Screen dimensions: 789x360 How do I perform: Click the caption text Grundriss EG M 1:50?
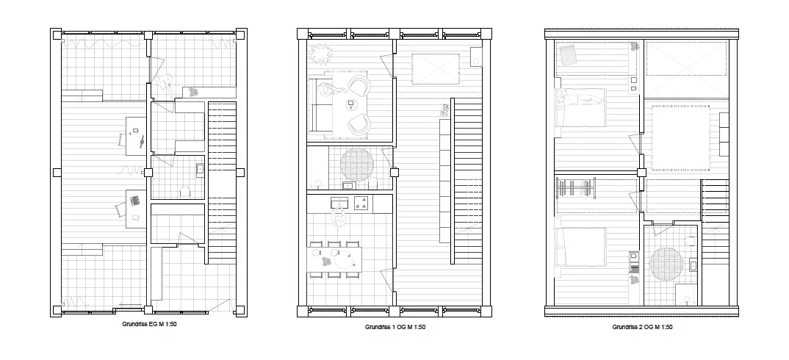[x=149, y=324]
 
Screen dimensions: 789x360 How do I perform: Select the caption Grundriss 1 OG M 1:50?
[x=395, y=327]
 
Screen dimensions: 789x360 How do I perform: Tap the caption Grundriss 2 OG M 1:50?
[x=642, y=327]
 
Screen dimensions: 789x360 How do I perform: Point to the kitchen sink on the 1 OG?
[x=339, y=202]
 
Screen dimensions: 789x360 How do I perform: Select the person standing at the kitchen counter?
[x=339, y=218]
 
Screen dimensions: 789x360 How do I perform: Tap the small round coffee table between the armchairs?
[x=350, y=105]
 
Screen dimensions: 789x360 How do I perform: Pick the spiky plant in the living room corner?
[x=320, y=53]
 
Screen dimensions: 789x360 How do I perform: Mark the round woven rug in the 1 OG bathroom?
[x=357, y=164]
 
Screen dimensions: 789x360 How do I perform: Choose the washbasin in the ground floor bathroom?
[x=200, y=170]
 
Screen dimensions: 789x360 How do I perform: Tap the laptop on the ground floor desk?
[x=134, y=200]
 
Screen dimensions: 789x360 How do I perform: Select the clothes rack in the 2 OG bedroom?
[x=576, y=188]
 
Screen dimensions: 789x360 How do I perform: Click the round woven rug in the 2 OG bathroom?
[x=666, y=263]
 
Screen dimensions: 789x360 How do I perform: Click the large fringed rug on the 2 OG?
[x=681, y=137]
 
